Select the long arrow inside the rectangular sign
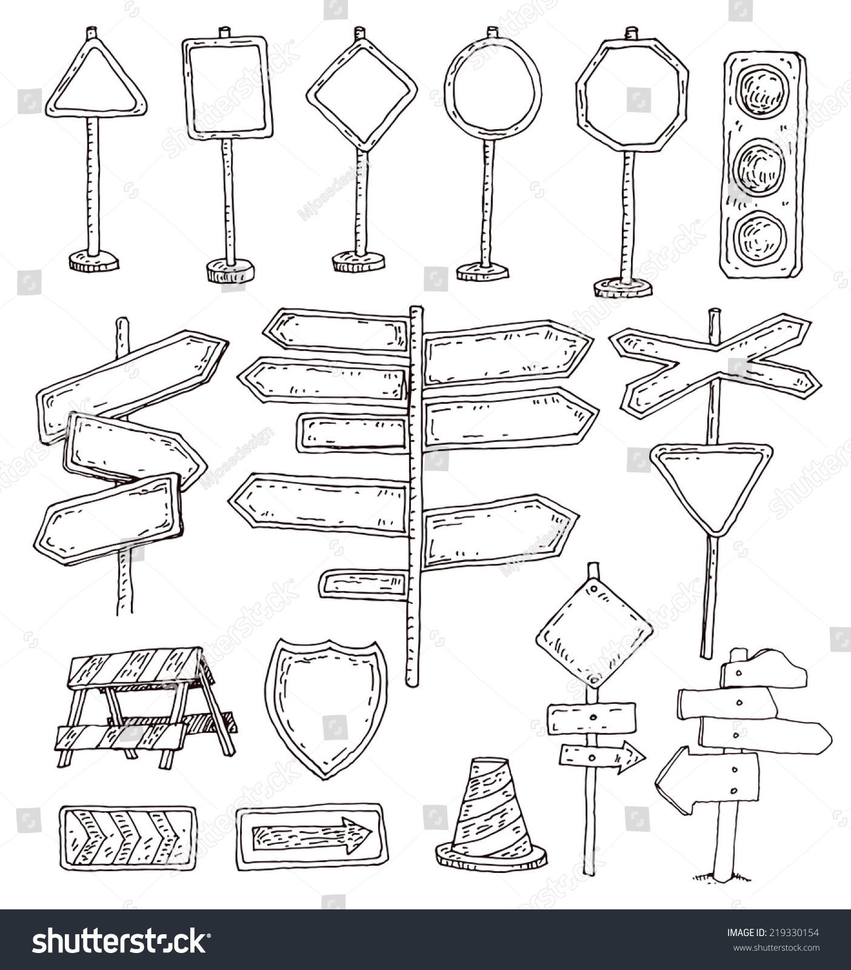tap(312, 835)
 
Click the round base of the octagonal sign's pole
tap(623, 287)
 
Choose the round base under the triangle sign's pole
tap(94, 261)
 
